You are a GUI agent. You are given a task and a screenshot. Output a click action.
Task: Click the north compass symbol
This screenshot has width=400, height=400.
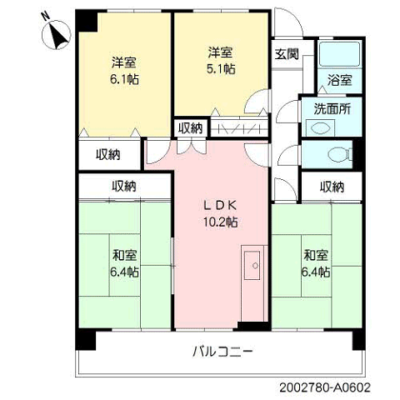point(57,35)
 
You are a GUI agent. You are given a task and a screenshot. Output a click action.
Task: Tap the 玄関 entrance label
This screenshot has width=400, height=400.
point(287,54)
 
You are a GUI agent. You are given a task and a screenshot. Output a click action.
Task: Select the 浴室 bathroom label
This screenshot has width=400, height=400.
point(339,80)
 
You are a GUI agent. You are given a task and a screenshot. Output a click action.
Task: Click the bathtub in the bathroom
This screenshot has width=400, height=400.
point(339,54)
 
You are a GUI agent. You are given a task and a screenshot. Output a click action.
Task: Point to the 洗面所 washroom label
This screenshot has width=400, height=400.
point(332,109)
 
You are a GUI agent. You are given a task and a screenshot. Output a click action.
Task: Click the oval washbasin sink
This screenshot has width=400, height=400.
point(321,128)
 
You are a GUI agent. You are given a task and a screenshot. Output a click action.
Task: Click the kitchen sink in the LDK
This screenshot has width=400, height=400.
point(252,266)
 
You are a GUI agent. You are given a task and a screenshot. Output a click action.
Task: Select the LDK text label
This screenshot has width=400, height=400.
point(220,206)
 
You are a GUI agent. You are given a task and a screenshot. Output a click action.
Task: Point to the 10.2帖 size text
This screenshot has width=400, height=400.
point(221,222)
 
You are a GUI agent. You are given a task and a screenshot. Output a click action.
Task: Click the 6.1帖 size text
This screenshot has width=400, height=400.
point(124,80)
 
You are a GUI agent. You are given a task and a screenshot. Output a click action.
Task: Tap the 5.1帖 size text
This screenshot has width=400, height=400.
point(221,69)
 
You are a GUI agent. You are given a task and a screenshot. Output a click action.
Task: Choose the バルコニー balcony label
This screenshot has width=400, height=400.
point(222,352)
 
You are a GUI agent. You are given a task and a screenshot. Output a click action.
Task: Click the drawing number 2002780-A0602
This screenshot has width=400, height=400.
point(325,387)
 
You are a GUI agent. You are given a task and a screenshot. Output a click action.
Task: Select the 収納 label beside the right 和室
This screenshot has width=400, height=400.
point(332,187)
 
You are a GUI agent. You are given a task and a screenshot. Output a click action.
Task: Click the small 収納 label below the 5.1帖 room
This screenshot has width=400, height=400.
point(190,128)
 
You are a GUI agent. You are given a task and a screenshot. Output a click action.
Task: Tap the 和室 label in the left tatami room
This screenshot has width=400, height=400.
point(124,256)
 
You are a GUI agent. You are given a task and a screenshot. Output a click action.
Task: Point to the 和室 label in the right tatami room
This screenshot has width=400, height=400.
point(316,256)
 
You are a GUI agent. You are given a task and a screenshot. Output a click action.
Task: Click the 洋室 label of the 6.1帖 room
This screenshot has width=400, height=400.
point(124,62)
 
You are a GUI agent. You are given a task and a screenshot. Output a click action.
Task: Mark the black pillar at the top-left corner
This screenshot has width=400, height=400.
point(86,21)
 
